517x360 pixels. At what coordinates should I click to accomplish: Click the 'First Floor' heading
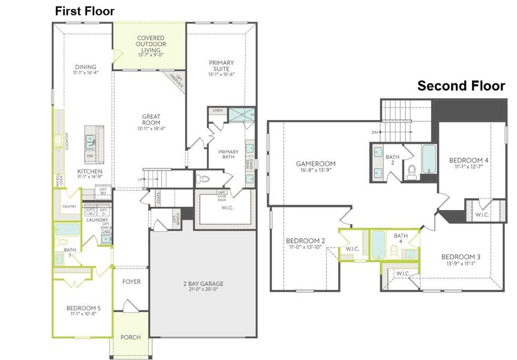[x=85, y=11]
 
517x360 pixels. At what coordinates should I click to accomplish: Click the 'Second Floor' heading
[x=461, y=86]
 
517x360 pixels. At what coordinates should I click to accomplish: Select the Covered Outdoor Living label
[x=150, y=44]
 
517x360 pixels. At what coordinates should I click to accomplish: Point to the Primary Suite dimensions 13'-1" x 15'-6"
[x=221, y=74]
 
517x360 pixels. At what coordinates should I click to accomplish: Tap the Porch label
[x=131, y=337]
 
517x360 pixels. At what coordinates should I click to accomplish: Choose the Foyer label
[x=132, y=281]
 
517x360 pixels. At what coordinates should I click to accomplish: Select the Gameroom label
[x=315, y=163]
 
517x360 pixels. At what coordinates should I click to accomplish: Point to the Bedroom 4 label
[x=468, y=160]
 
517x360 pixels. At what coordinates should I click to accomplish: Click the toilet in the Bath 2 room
[x=412, y=172]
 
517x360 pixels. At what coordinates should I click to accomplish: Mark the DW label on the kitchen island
[x=90, y=156]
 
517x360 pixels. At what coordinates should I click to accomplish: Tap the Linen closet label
[x=217, y=110]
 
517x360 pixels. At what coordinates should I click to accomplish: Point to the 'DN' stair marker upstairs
[x=374, y=132]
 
